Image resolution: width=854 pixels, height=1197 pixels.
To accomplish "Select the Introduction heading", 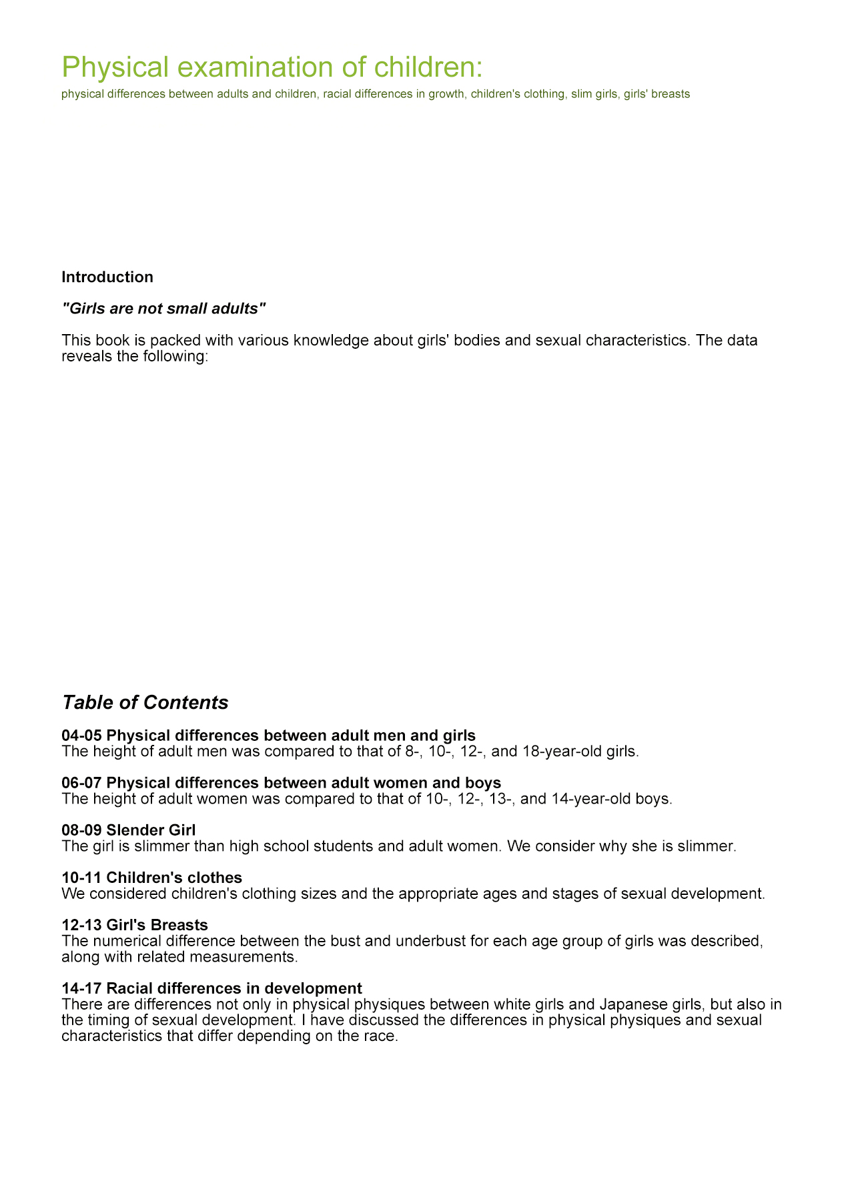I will click(107, 277).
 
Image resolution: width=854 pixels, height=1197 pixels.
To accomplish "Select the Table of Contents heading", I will click(145, 702).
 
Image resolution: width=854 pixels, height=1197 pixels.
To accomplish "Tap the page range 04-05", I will click(81, 736).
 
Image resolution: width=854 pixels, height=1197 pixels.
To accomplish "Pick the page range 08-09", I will click(81, 830).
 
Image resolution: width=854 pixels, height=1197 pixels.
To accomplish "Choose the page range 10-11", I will click(81, 877).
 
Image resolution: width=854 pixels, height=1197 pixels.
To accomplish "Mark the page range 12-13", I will click(81, 925).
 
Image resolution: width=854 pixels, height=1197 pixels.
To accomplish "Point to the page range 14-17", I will click(81, 988).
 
